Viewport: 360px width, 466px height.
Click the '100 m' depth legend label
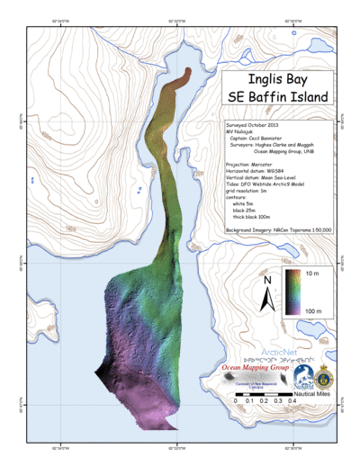tap(315, 309)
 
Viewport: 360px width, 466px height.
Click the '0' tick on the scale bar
tap(236, 400)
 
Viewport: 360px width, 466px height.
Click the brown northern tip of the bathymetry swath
tap(186, 74)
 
